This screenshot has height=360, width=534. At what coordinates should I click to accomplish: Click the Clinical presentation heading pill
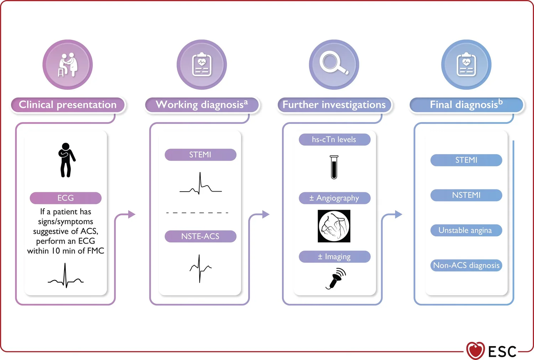click(68, 105)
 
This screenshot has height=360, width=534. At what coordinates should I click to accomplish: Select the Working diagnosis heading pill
click(201, 105)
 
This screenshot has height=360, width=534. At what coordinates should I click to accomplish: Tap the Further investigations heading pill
click(334, 105)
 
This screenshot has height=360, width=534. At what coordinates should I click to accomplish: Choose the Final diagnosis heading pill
click(466, 105)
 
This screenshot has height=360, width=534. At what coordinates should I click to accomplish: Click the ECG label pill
click(66, 198)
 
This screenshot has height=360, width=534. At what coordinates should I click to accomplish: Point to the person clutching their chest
click(66, 160)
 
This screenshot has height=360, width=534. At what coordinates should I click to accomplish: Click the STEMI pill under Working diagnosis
click(200, 155)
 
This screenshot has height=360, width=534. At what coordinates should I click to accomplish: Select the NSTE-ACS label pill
click(200, 236)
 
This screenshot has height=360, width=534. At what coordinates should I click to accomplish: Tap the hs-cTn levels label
click(334, 140)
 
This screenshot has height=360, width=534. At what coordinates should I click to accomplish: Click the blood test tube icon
click(334, 167)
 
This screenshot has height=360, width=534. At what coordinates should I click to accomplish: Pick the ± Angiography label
click(334, 198)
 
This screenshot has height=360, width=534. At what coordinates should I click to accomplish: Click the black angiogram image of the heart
click(334, 226)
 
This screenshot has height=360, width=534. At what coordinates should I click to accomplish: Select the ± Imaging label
click(334, 257)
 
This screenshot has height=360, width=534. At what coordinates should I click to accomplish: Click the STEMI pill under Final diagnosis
click(466, 160)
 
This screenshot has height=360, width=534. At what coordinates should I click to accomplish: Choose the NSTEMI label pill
click(466, 195)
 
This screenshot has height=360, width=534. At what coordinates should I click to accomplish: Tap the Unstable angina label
click(466, 230)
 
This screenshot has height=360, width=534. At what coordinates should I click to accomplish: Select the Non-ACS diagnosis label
click(466, 265)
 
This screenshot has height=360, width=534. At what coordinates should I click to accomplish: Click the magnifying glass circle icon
click(334, 64)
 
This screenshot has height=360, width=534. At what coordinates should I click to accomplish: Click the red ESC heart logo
click(475, 351)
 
